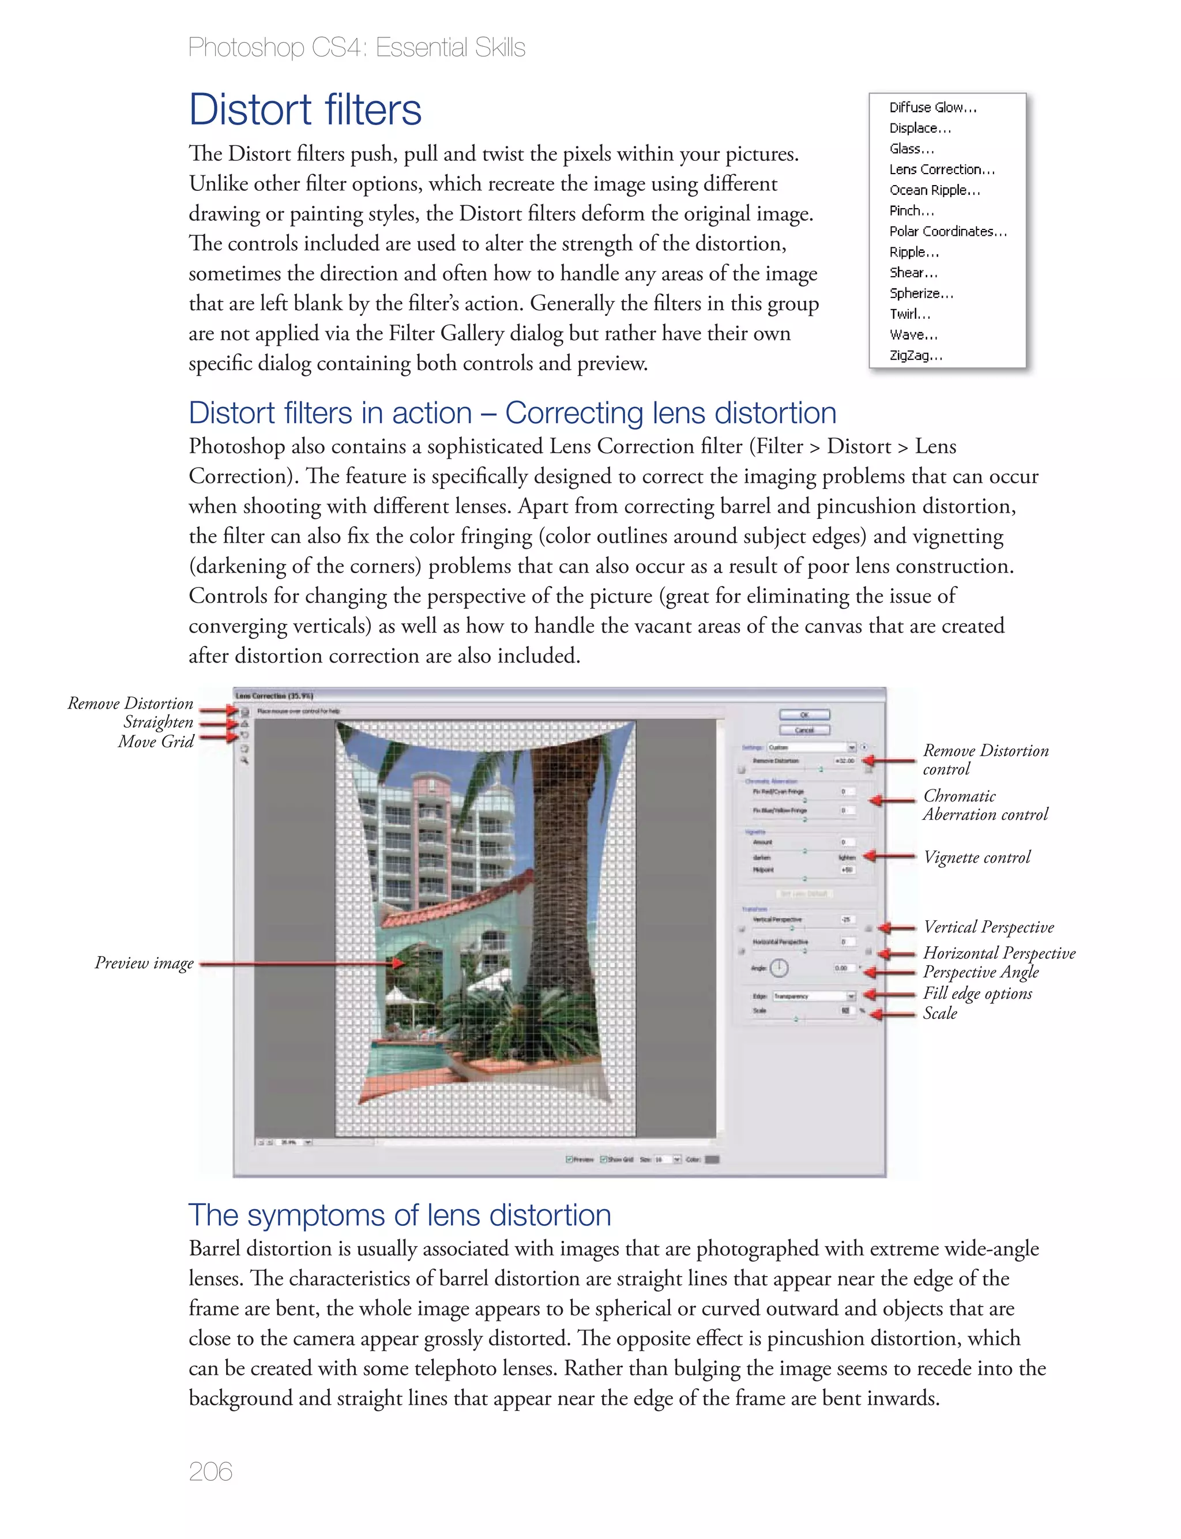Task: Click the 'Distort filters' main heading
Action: pyautogui.click(x=304, y=110)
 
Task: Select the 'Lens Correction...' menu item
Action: pyautogui.click(x=941, y=170)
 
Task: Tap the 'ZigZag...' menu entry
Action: pyautogui.click(x=915, y=356)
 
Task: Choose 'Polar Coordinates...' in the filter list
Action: pyautogui.click(x=947, y=231)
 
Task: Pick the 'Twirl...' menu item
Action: pyautogui.click(x=909, y=314)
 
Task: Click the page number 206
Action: pyautogui.click(x=210, y=1471)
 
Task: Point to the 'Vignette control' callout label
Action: pyautogui.click(x=976, y=857)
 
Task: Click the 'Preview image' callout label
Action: pyautogui.click(x=144, y=963)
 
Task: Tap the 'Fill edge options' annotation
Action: pyautogui.click(x=977, y=993)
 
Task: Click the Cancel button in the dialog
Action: pyautogui.click(x=804, y=730)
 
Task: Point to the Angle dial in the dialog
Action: pyautogui.click(x=779, y=968)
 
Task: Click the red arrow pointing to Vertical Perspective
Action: pyautogui.click(x=896, y=928)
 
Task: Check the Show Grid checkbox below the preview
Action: pyautogui.click(x=603, y=1160)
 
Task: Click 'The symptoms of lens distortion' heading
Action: pyautogui.click(x=399, y=1215)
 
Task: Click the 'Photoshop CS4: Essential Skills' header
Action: pyautogui.click(x=356, y=48)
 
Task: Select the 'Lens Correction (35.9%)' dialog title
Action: pyautogui.click(x=274, y=696)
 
